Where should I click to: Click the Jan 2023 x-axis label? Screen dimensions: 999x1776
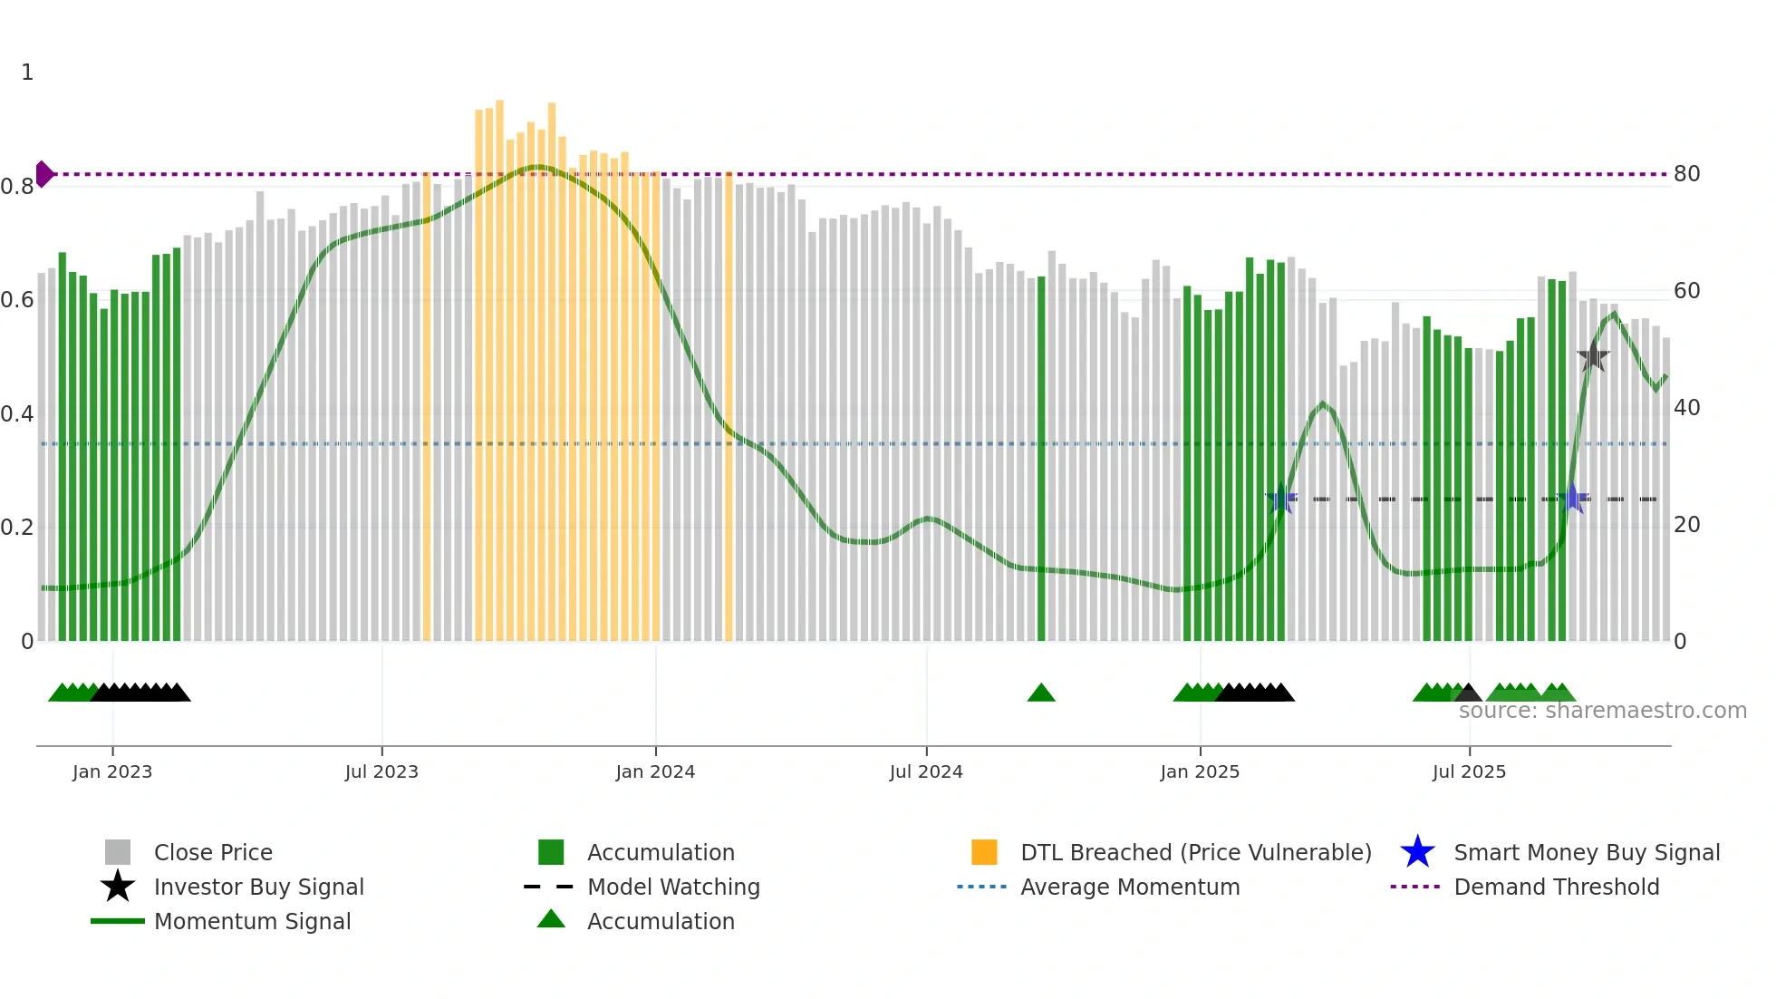[112, 771]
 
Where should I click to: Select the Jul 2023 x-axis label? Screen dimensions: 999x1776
[381, 771]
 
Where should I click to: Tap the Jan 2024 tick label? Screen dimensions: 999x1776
[655, 771]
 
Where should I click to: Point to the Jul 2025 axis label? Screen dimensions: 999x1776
[1469, 771]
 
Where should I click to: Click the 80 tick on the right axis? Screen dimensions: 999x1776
[1686, 173]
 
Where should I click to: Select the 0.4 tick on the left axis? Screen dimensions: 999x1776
[17, 413]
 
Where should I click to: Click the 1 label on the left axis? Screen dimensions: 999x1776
[27, 72]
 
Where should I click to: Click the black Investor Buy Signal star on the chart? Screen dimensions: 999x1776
[1593, 357]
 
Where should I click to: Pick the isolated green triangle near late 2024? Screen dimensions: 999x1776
[1041, 693]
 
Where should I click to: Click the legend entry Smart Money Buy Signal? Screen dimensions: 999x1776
[1587, 852]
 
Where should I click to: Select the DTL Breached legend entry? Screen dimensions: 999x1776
[1195, 852]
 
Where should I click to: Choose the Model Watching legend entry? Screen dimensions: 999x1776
[673, 887]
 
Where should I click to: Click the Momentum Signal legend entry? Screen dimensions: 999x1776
[252, 921]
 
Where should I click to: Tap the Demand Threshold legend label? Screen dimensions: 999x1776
[1556, 887]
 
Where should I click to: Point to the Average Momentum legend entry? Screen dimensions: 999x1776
[1130, 887]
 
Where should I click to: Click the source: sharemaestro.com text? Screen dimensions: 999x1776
[1602, 711]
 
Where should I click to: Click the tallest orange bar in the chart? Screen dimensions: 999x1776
[499, 363]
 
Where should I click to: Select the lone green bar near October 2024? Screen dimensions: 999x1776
[1041, 453]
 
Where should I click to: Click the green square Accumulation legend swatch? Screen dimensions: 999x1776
[551, 852]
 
